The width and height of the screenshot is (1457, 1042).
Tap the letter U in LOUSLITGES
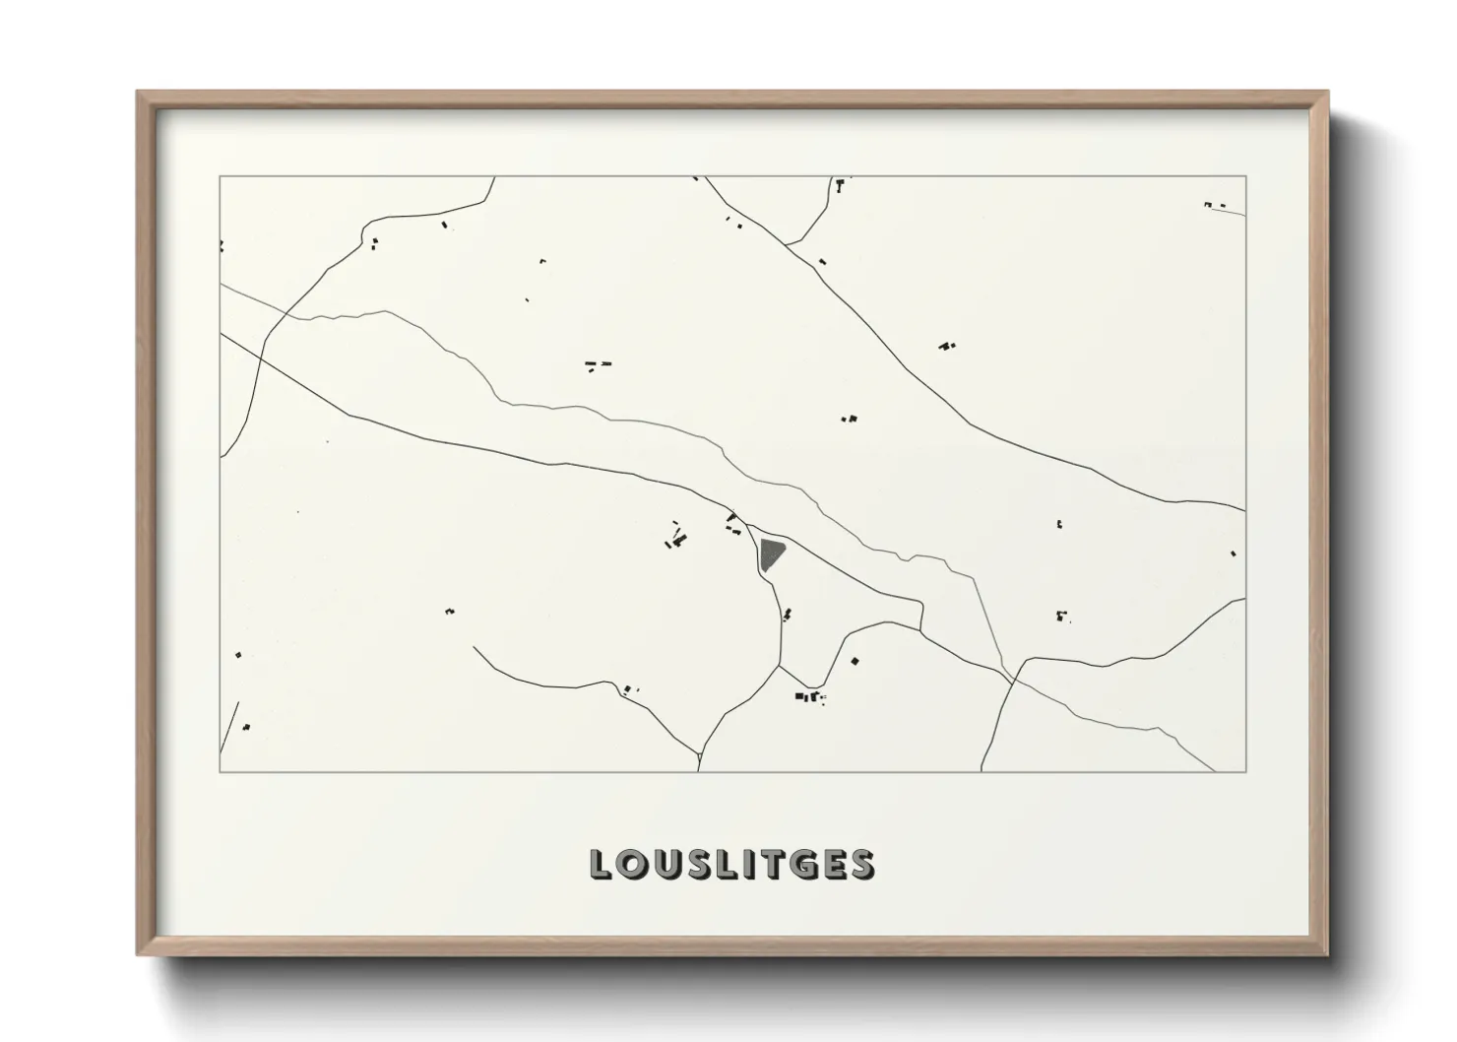pyautogui.click(x=664, y=864)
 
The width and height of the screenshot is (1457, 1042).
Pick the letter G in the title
pyautogui.click(x=803, y=864)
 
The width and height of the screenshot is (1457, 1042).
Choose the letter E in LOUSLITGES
pyautogui.click(x=834, y=864)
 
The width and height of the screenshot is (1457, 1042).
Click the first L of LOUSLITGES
pyautogui.click(x=600, y=864)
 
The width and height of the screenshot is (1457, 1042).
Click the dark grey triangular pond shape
pyautogui.click(x=771, y=554)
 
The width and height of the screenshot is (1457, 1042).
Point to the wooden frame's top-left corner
pyautogui.click(x=139, y=93)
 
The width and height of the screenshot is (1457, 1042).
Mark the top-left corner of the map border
pyautogui.click(x=220, y=176)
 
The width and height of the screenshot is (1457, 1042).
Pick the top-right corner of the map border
pyautogui.click(x=1246, y=176)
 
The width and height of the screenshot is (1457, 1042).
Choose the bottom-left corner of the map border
pyautogui.click(x=220, y=772)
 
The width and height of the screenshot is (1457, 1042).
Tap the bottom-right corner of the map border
pyautogui.click(x=1246, y=772)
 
